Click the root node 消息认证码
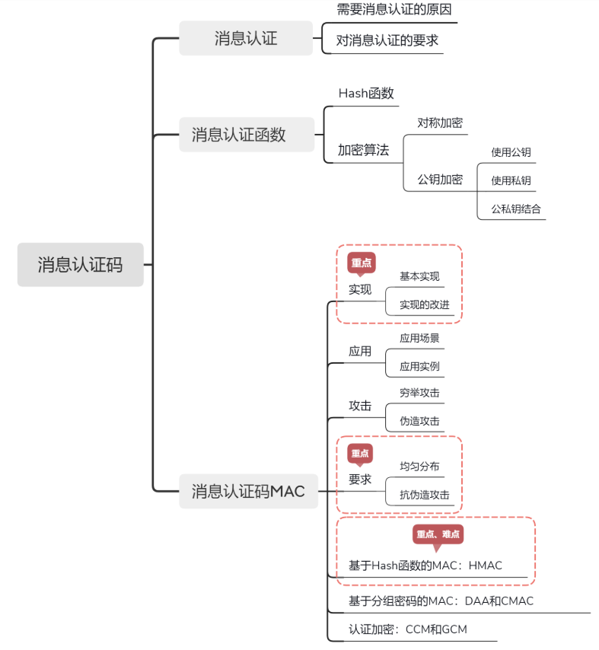coord(81,264)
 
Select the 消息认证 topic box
coord(246,38)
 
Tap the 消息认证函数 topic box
coord(247,135)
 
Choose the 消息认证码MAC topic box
coord(248,491)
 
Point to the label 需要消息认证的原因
coord(393,9)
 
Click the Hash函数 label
coord(366,94)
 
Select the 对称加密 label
coord(440,123)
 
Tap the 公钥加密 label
coord(440,180)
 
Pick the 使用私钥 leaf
coord(511,180)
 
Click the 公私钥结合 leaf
coord(516,209)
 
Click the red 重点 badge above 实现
coord(362,263)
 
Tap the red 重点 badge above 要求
coord(360,454)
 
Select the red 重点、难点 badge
coord(438,534)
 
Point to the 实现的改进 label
coord(425,304)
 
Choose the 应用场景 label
coord(419,338)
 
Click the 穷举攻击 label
coord(419,393)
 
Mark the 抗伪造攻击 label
coord(425,495)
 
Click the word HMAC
coord(486,566)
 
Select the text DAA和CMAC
coord(499,601)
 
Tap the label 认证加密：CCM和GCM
coord(408,629)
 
